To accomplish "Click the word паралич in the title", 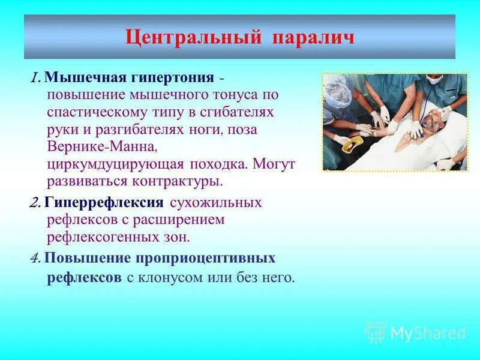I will click(x=314, y=37).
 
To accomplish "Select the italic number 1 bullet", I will click(x=35, y=78).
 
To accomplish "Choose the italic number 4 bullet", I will click(x=35, y=258).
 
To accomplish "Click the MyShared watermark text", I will click(x=428, y=332).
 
